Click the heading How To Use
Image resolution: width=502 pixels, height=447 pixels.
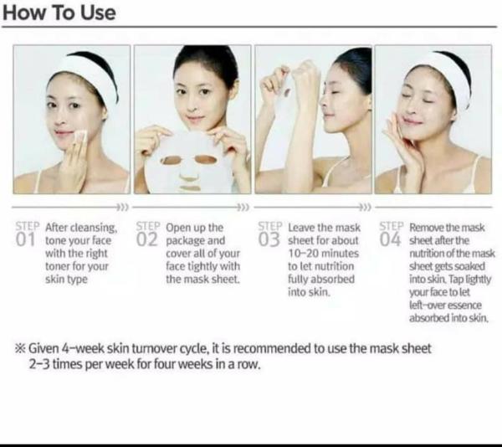(x=60, y=13)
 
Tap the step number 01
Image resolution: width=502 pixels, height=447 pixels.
(x=27, y=240)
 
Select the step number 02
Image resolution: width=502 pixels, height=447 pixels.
(x=147, y=240)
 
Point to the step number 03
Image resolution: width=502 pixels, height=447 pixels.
(x=269, y=240)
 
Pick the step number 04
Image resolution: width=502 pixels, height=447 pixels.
(x=390, y=240)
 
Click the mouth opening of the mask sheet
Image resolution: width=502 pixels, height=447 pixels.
(x=192, y=187)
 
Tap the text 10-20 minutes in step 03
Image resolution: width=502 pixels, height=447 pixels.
(x=322, y=253)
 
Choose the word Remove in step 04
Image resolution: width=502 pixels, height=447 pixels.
(x=427, y=228)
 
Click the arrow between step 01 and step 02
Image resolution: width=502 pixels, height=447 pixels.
(x=122, y=206)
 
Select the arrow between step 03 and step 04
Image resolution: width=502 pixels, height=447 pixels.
(x=364, y=206)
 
